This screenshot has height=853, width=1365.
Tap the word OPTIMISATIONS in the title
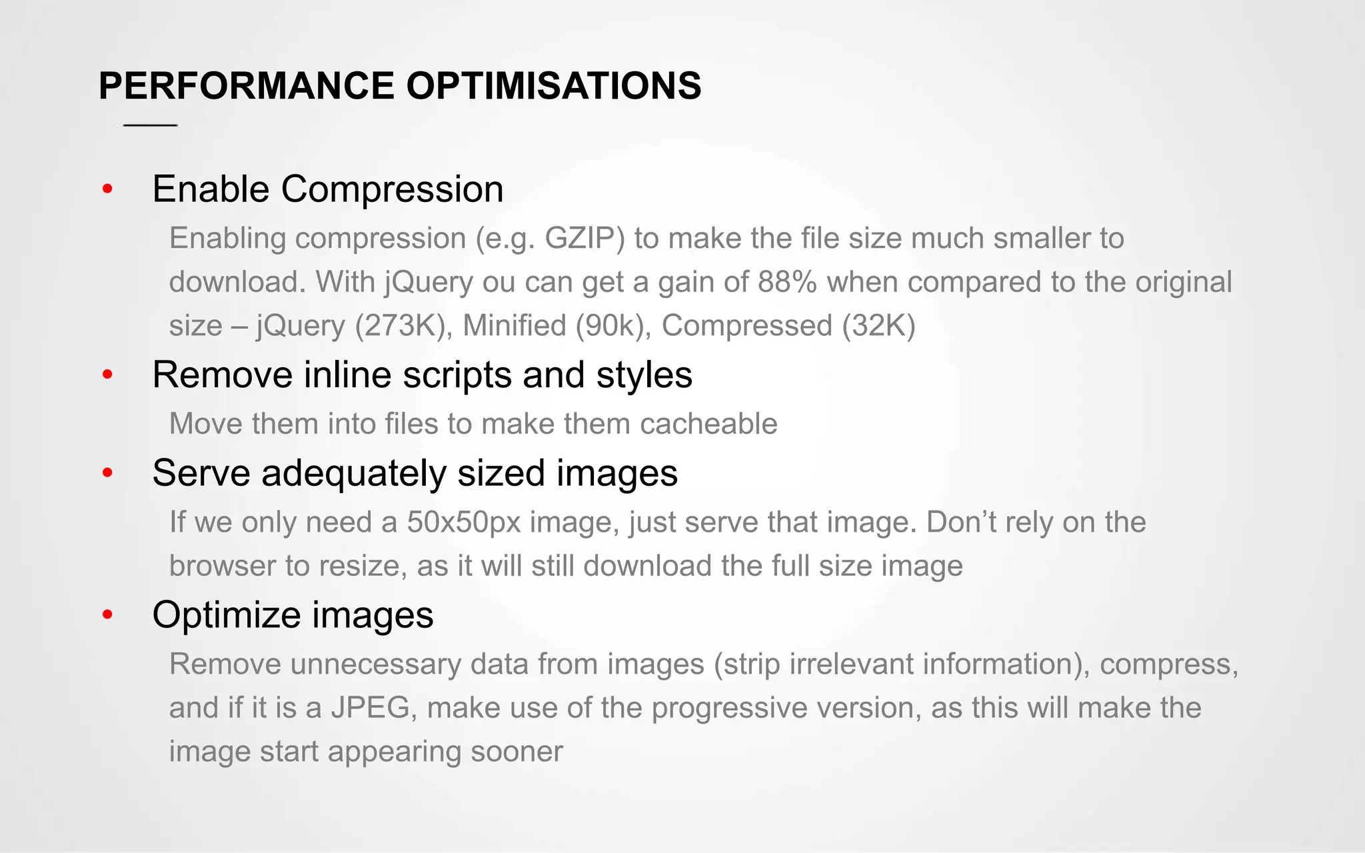553,86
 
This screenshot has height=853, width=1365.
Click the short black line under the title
151,125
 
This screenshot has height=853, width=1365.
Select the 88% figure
787,282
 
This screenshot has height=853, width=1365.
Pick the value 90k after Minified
609,326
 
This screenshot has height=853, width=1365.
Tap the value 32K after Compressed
878,326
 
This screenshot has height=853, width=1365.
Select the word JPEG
370,708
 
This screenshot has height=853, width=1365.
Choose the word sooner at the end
517,752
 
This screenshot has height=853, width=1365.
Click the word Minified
515,326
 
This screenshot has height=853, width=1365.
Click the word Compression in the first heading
392,189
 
